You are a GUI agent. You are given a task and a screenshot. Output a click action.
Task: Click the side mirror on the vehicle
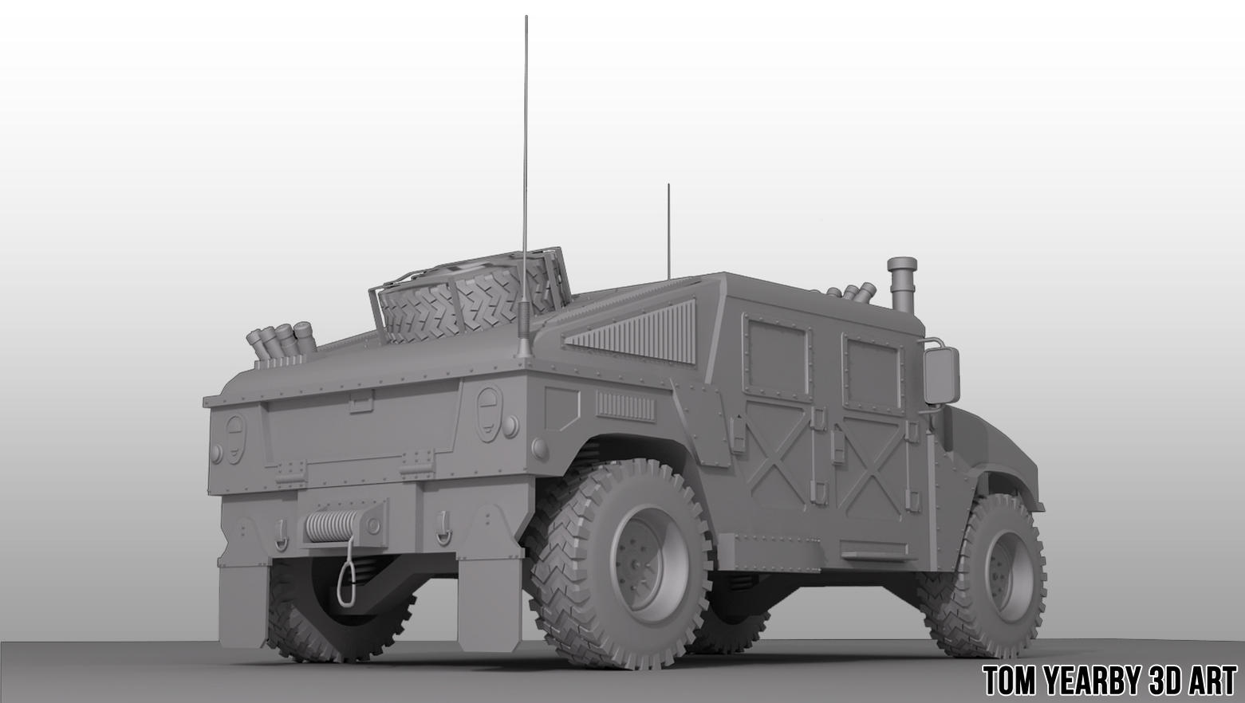click(x=941, y=374)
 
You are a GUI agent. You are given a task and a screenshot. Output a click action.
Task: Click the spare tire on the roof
click(x=471, y=303)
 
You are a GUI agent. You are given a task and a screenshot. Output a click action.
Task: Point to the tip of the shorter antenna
click(x=668, y=186)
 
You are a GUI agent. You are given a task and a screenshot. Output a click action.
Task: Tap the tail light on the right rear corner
click(x=489, y=412)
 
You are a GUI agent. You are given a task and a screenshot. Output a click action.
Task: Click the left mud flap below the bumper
click(x=243, y=602)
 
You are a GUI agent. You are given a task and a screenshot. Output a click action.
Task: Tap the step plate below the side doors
click(x=873, y=550)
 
